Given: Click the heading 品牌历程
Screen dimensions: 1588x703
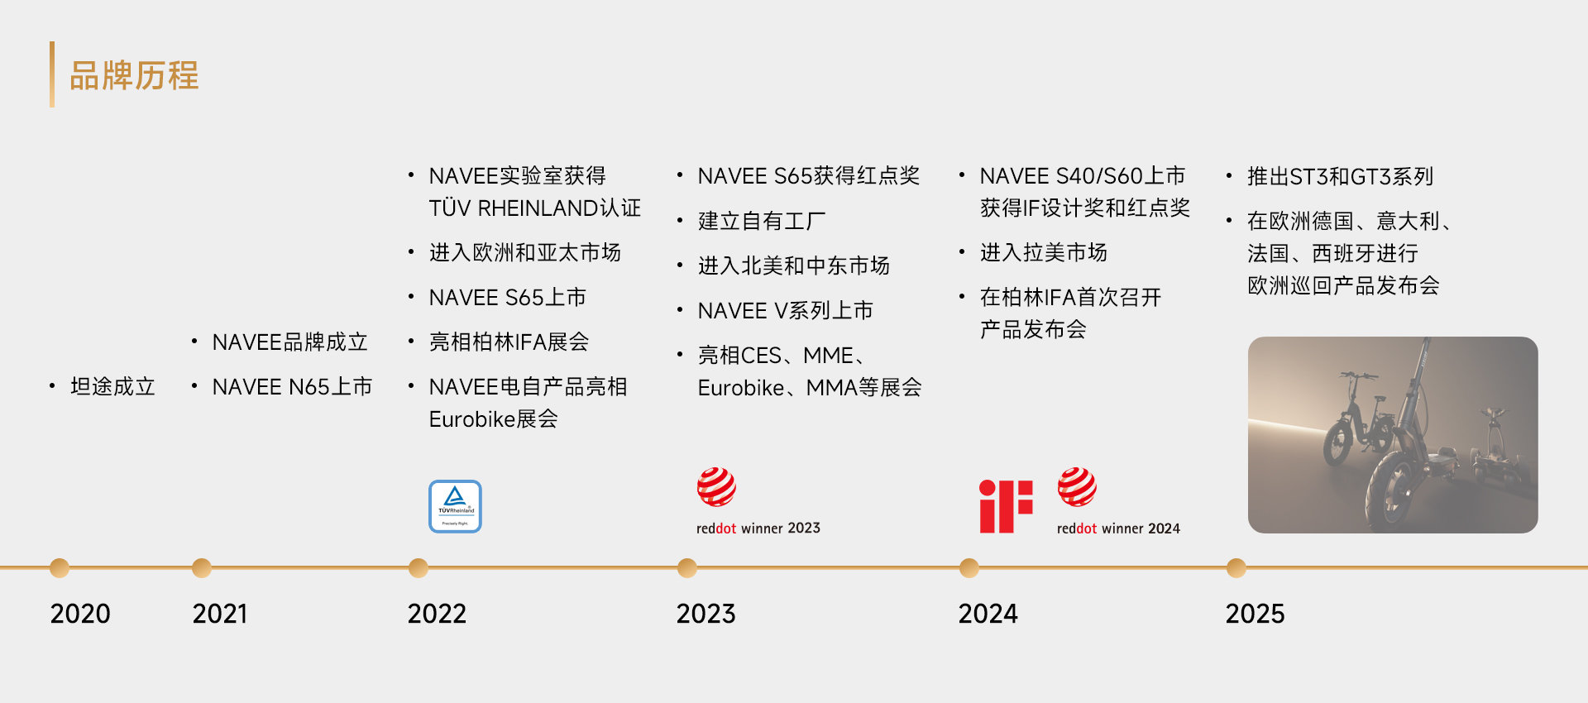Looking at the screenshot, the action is point(134,75).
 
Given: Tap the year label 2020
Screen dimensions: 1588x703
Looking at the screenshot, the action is point(80,614).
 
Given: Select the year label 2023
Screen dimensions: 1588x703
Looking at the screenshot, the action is point(706,614).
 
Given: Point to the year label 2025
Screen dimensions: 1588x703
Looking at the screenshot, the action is point(1255,614).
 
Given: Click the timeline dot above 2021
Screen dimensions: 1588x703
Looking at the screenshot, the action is point(202,568).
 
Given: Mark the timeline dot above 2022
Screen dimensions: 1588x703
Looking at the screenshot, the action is point(419,568).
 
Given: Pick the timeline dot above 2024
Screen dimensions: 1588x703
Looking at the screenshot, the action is point(969,568).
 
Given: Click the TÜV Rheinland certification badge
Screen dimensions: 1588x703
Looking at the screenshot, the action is point(455,506).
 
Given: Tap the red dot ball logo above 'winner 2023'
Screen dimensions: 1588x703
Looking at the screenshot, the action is point(716,486).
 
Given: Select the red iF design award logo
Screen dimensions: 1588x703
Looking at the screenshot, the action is point(1006,506).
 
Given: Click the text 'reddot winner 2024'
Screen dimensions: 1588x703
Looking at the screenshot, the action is point(1118,528).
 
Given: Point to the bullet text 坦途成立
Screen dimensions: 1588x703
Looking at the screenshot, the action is point(112,386).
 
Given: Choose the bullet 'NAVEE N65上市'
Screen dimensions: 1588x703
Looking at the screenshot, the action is point(292,386).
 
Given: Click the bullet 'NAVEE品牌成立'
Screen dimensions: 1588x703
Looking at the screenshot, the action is point(289,342).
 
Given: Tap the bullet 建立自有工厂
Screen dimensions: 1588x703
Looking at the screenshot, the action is point(762,221).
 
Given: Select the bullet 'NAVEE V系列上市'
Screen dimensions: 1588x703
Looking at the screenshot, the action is point(786,310).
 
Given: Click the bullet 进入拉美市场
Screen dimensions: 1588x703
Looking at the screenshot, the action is point(1043,252).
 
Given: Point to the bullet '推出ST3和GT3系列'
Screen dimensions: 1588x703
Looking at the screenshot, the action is point(1340,176).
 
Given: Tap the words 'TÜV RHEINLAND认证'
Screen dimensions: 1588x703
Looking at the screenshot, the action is point(534,208).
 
